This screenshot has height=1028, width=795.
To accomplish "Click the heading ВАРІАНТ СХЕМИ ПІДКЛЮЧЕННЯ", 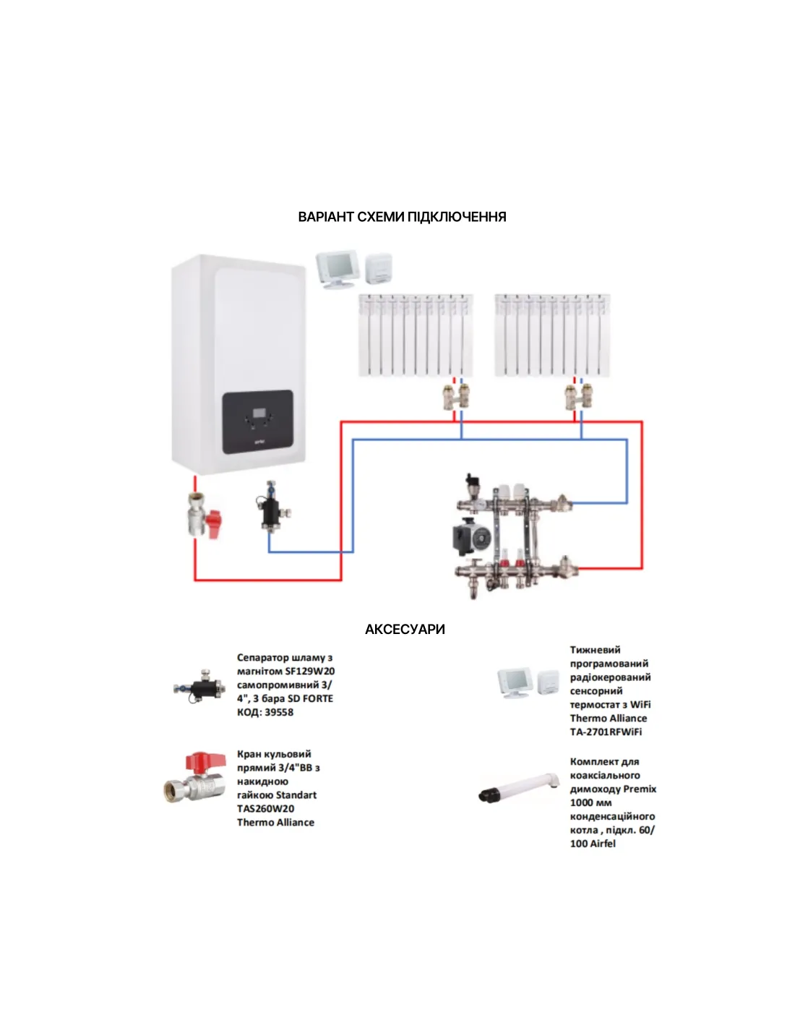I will point(402,217).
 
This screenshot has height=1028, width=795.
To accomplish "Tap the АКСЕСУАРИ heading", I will point(405,629).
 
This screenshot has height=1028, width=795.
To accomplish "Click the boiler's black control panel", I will point(257,422).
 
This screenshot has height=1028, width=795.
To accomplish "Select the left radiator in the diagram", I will point(416,335).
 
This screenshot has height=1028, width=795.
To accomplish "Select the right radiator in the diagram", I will point(552,335).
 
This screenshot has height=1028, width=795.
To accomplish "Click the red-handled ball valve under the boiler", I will point(203,515).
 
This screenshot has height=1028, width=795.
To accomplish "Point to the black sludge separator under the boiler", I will point(272,510).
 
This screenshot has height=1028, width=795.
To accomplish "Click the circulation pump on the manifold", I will point(470,536).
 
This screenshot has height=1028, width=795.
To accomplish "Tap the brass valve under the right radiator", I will point(578,396).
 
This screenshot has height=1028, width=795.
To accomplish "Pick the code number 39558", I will point(279,712).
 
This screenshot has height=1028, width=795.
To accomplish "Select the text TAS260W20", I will point(265,808).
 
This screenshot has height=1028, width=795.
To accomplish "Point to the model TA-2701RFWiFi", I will point(606,732).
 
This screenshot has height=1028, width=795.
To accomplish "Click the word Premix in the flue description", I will point(640,789).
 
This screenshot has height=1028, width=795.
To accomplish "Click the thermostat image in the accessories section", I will point(528,682).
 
